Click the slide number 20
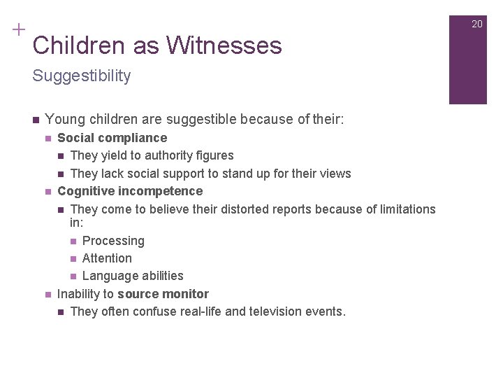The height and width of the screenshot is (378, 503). pyautogui.click(x=477, y=24)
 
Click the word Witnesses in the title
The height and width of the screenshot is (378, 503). pyautogui.click(x=224, y=45)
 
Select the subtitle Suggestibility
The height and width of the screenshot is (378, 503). pyautogui.click(x=82, y=76)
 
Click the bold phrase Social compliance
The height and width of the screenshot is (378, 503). pyautogui.click(x=112, y=138)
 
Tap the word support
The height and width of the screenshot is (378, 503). pyautogui.click(x=201, y=174)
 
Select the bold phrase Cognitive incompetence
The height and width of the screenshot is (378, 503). pyautogui.click(x=130, y=191)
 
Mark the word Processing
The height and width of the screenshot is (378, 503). pyautogui.click(x=113, y=241)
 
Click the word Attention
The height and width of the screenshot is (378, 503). pyautogui.click(x=107, y=258)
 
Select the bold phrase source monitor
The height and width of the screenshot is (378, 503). pyautogui.click(x=163, y=294)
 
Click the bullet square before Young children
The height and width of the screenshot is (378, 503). pyautogui.click(x=35, y=119)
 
